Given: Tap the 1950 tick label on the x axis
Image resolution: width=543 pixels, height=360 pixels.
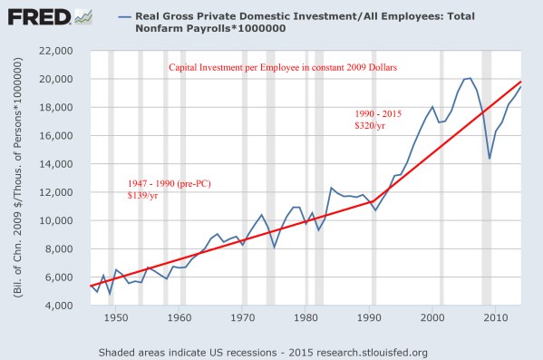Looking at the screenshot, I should (115, 317).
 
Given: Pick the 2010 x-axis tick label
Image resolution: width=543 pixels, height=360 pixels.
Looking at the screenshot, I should (493, 317).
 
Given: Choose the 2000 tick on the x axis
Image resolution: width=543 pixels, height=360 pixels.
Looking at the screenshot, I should (431, 317).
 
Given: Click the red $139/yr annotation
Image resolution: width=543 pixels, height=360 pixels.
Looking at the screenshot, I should (143, 195).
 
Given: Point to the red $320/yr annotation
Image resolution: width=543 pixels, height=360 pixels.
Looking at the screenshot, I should (371, 126).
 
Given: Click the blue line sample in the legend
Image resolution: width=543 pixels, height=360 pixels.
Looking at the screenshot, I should (126, 16).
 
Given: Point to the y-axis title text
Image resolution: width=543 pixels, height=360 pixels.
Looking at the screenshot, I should (17, 177).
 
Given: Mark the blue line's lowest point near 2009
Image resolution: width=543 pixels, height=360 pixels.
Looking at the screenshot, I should (490, 159).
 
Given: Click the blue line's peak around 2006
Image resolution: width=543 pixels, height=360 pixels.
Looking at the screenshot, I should (469, 78).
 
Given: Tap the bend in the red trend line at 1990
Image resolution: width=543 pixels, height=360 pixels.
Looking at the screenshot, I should (371, 201).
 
